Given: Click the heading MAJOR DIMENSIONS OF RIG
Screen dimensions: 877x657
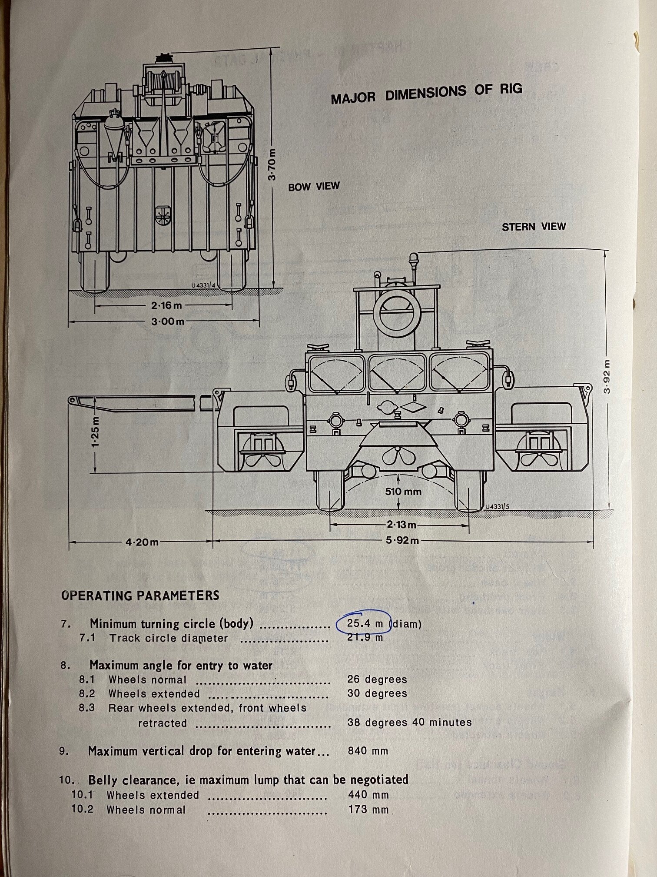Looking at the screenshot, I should coord(426,94).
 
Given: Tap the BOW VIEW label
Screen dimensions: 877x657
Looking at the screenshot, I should coord(314,187).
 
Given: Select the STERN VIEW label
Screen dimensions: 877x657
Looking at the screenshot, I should coord(534,227).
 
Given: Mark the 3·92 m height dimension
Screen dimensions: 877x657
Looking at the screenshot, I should coord(607,376).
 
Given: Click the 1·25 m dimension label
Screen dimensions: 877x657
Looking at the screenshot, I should coord(95,431).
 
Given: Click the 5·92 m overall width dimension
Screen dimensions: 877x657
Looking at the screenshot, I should coord(402,541).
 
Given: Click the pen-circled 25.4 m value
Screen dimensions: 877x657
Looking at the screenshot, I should coord(364,623).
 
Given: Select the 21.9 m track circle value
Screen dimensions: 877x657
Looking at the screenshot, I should coord(365,638).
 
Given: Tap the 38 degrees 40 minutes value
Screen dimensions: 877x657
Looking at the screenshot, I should coord(409,723).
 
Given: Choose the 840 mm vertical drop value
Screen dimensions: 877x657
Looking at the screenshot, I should coord(368,751).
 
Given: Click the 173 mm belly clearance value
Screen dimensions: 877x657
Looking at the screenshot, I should coord(368,810).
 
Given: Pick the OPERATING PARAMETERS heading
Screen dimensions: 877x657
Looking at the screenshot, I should coord(140,595).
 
